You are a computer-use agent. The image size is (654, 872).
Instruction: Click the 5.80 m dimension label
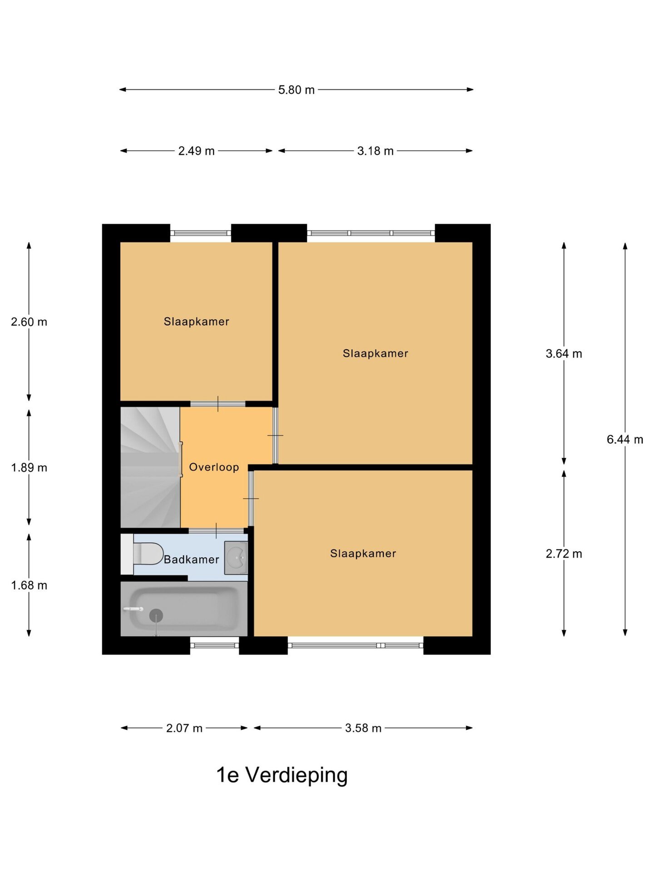[296, 90]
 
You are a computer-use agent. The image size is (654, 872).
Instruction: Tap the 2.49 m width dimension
[196, 151]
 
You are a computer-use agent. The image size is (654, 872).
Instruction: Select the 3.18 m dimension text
[375, 151]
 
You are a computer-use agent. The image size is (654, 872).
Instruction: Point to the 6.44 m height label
[625, 439]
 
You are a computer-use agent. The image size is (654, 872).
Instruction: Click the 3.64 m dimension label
[564, 353]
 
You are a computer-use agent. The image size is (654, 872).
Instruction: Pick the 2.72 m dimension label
[564, 554]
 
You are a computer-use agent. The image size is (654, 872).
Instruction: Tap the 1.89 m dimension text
[29, 467]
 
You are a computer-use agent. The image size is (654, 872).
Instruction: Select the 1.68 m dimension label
[29, 585]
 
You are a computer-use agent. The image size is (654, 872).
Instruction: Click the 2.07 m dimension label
[184, 728]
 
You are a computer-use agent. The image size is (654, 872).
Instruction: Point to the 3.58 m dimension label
[363, 728]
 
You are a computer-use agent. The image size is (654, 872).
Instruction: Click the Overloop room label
[214, 467]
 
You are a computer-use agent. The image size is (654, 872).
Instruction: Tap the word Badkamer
[191, 560]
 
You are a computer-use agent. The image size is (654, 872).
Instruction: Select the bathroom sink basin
[236, 557]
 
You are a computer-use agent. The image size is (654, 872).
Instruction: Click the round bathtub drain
[156, 615]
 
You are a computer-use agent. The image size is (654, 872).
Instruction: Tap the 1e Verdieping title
[282, 775]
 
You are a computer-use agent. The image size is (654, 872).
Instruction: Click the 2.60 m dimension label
[29, 322]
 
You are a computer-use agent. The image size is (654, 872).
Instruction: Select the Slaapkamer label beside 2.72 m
[363, 553]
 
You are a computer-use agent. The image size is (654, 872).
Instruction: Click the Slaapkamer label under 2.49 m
[196, 322]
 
